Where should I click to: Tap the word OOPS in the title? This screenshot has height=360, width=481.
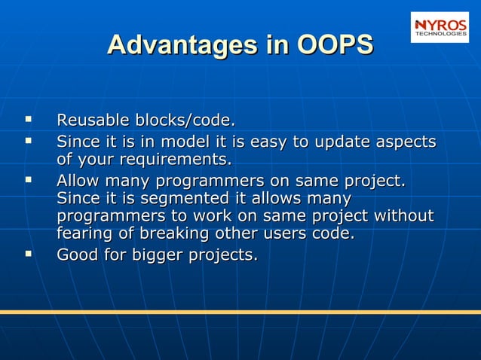click(x=335, y=44)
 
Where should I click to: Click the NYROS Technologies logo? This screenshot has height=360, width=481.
click(x=439, y=27)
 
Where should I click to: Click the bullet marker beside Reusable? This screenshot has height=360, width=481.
click(x=29, y=119)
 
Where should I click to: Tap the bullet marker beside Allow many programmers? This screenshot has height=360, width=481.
click(x=29, y=180)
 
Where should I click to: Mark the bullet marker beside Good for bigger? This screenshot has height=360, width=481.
click(x=29, y=254)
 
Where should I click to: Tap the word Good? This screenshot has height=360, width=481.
click(x=77, y=255)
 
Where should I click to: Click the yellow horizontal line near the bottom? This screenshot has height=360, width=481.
click(x=240, y=311)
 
